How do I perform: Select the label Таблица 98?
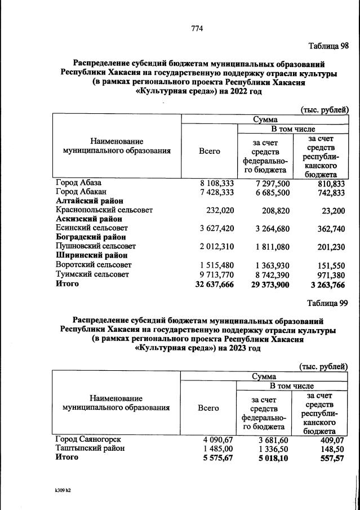point(328,46)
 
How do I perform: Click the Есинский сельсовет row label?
point(91,228)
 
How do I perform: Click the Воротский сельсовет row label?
point(94,265)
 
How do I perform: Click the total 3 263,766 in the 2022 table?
point(326,284)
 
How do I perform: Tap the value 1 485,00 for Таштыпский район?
point(217,448)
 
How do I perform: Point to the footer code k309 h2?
point(63,490)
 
